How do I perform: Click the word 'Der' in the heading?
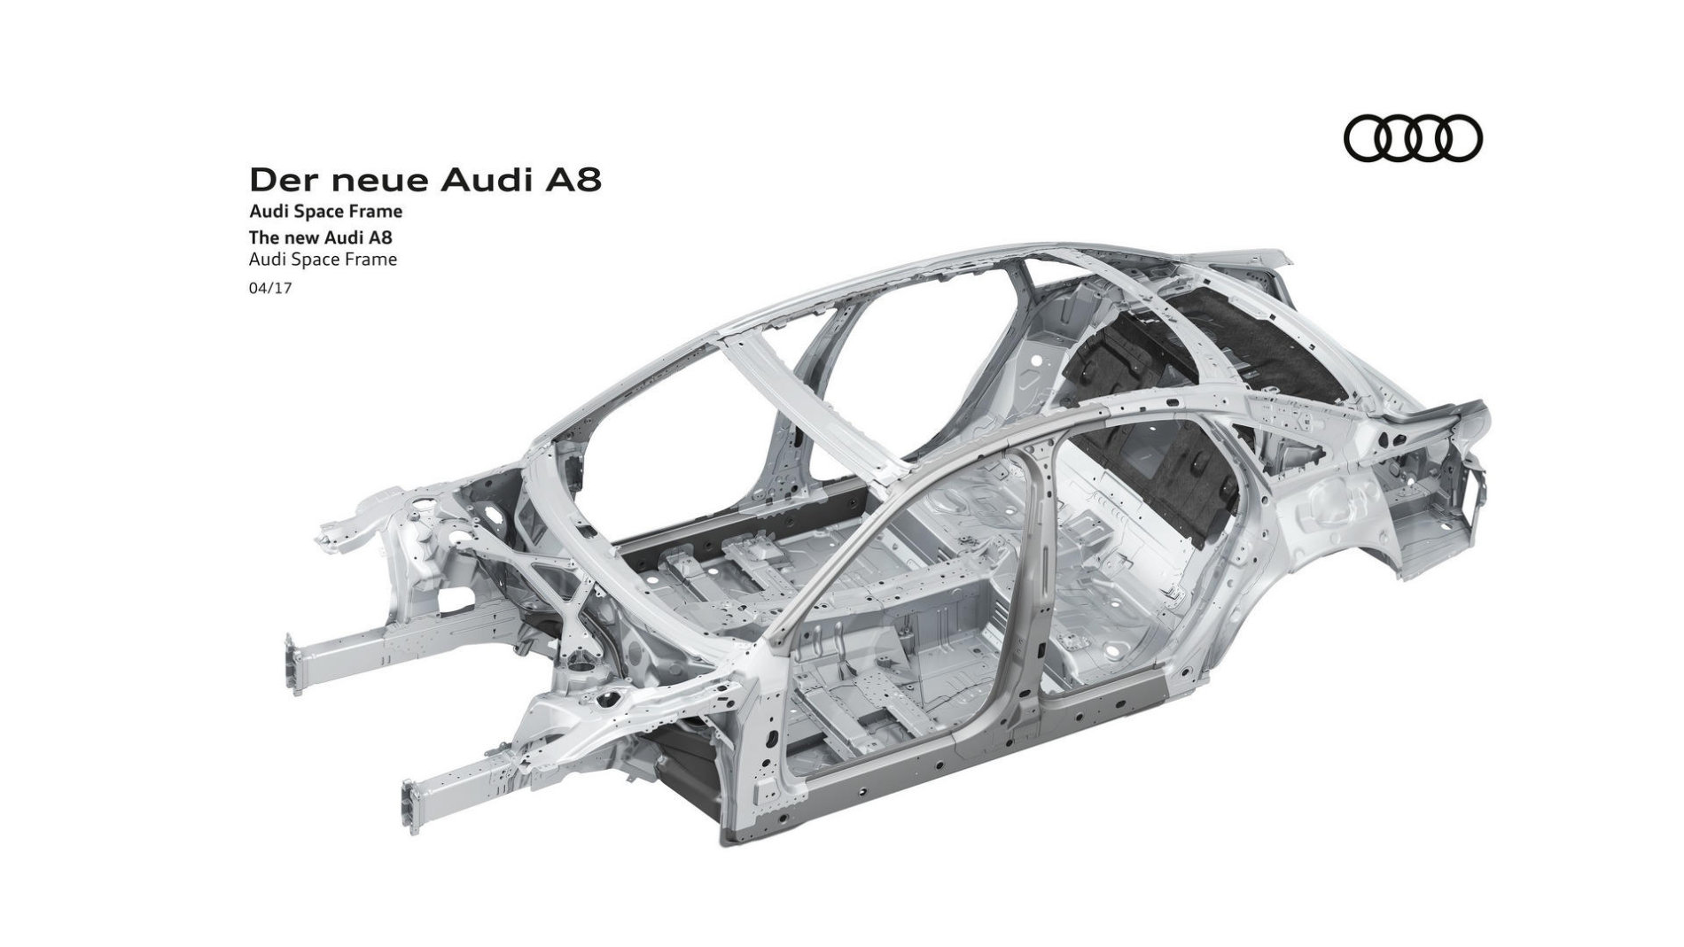[281, 180]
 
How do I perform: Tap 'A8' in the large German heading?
[573, 180]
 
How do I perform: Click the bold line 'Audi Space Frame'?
[326, 212]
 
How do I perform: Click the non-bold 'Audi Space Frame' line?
[324, 260]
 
